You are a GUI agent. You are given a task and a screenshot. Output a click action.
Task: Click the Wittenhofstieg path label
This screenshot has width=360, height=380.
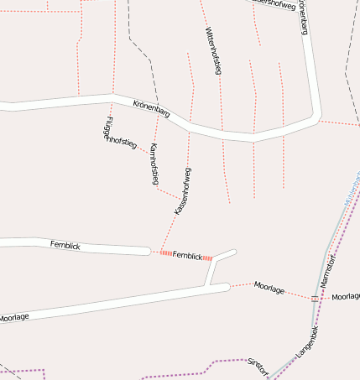(212, 51)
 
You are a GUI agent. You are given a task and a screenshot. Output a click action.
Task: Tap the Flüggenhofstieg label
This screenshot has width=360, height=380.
(117, 134)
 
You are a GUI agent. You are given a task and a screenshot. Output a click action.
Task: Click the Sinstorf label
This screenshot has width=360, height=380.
(258, 367)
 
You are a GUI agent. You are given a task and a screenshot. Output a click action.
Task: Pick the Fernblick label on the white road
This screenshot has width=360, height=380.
(65, 244)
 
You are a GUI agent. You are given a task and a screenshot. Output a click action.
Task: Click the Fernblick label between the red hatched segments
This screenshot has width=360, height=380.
(187, 255)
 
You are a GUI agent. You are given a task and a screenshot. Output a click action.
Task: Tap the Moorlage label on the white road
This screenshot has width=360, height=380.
(14, 317)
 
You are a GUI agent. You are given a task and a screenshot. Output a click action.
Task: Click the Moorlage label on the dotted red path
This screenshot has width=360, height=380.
(269, 288)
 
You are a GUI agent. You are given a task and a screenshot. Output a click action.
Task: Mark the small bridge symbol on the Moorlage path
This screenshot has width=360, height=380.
(315, 298)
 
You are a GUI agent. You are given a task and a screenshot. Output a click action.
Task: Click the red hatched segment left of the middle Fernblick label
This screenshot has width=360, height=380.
(165, 253)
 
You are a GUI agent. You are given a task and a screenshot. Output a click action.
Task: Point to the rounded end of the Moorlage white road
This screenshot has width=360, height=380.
(227, 287)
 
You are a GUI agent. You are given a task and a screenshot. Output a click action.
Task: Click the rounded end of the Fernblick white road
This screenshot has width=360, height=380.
(148, 250)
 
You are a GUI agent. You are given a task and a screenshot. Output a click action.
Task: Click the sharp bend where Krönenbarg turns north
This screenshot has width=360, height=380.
(316, 117)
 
